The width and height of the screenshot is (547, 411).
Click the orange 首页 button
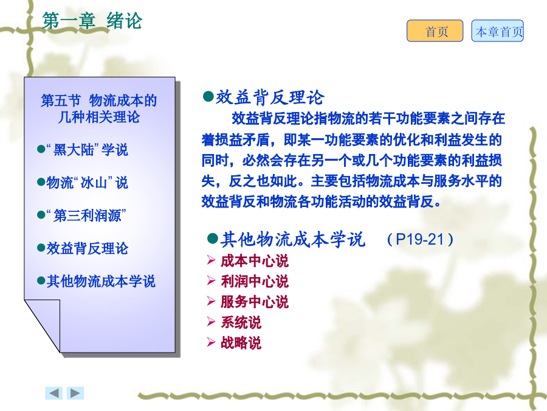pos(435,31)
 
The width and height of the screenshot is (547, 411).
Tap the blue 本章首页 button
pos(497,31)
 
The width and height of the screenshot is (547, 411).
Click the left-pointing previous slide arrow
pos(53,393)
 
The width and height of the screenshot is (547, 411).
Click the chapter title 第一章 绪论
pos(92,20)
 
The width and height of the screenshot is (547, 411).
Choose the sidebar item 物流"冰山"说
pos(87,183)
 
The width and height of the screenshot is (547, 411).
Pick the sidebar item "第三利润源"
pos(86,216)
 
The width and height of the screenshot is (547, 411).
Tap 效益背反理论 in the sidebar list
pos(87,248)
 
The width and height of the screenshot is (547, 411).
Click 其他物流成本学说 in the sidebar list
pos(101,281)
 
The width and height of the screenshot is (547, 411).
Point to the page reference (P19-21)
pos(420,240)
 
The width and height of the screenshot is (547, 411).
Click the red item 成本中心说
pos(255,261)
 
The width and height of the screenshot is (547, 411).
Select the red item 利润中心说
pos(255,281)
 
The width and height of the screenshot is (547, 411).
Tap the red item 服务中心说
pos(255,302)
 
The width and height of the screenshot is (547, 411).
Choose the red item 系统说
pos(241,322)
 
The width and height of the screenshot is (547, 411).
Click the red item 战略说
pos(241,343)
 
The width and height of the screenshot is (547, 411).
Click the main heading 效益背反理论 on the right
pos(270,97)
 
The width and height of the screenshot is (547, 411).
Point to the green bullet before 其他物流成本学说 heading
pos(213,239)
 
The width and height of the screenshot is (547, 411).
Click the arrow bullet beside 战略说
pos(211,342)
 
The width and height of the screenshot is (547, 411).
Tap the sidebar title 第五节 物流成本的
pos(98,100)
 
